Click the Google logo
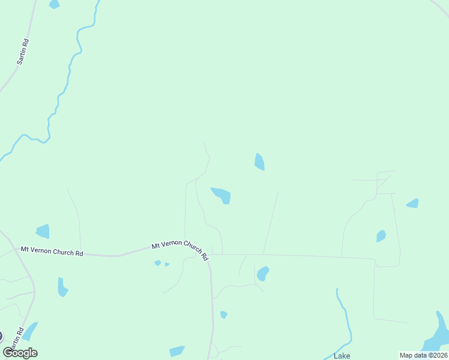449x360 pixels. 20,353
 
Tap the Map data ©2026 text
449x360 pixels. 423,355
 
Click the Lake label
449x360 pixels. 342,356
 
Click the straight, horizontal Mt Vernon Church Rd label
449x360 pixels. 52,251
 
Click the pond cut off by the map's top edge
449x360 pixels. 54,4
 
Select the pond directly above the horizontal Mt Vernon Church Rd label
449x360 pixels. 43,231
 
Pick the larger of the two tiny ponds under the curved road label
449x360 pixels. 157,263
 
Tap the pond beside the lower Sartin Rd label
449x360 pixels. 30,331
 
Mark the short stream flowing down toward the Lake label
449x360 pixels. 344,318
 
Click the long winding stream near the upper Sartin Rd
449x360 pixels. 66,78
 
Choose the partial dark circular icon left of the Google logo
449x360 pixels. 1,337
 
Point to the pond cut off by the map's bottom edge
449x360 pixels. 177,352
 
